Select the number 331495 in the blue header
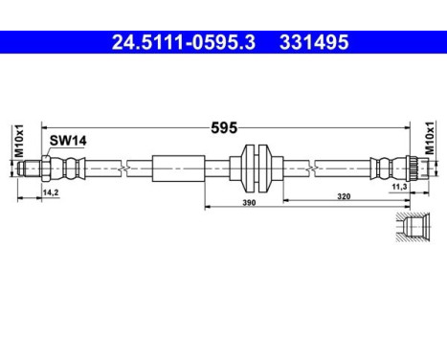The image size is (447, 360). click(314, 43)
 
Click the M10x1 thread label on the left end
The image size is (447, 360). click(18, 140)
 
